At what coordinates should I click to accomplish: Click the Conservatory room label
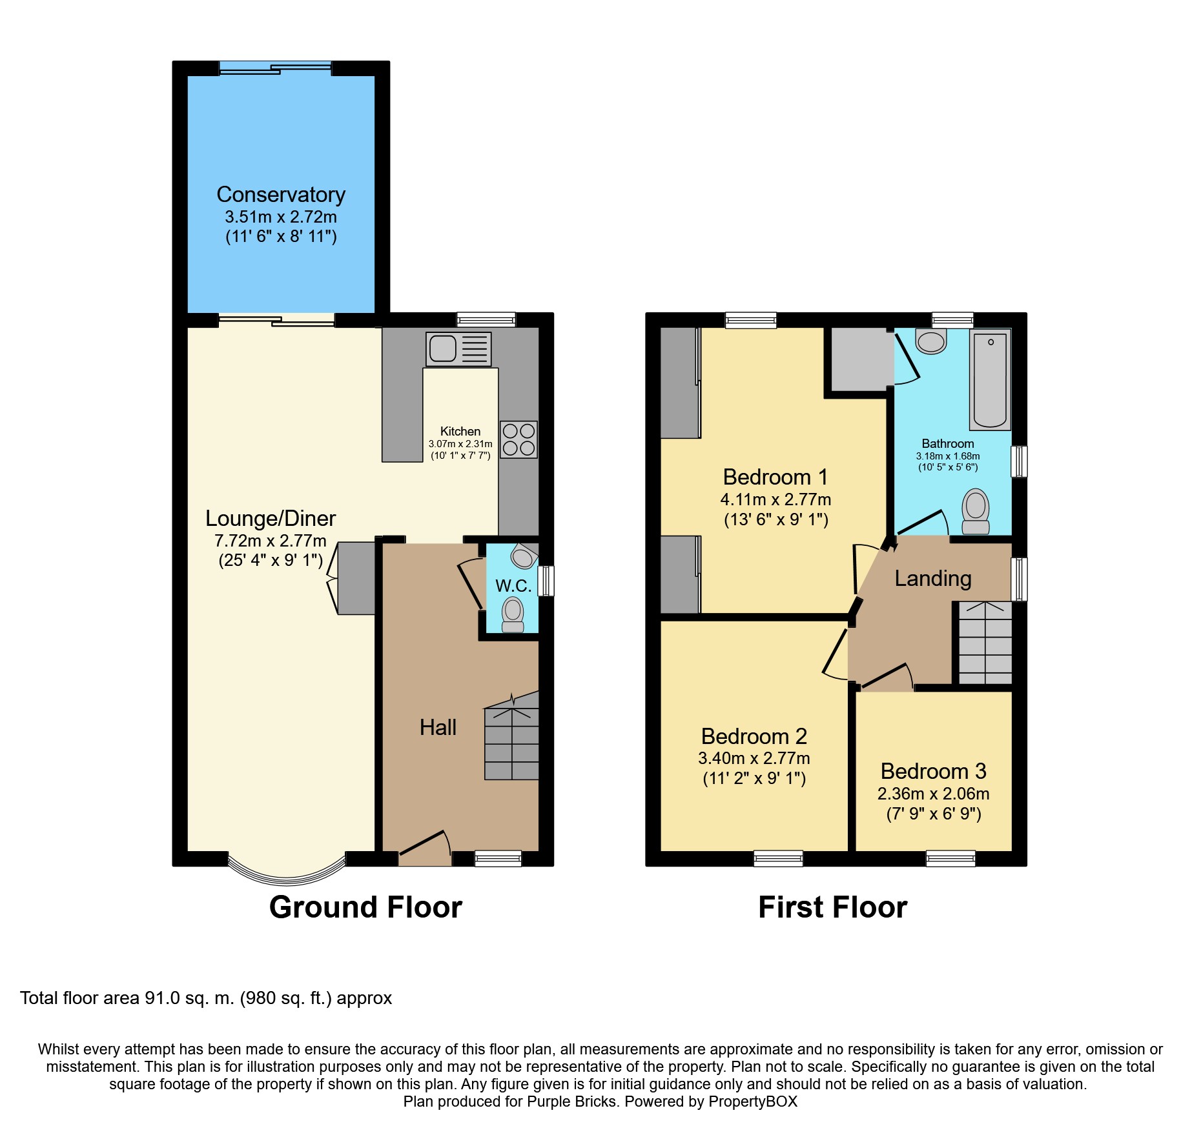click(281, 194)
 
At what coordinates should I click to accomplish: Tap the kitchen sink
click(458, 349)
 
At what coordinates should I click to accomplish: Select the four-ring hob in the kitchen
click(518, 439)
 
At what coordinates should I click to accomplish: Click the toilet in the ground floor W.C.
click(513, 615)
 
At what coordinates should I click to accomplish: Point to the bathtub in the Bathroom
click(990, 380)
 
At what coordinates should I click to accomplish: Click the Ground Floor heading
click(365, 907)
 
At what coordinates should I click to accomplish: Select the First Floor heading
click(832, 907)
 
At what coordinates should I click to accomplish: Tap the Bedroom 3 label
click(934, 771)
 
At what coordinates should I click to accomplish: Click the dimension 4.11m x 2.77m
click(775, 499)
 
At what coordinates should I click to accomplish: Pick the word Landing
click(933, 579)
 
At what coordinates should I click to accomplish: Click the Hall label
click(438, 727)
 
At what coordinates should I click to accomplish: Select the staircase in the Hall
click(511, 736)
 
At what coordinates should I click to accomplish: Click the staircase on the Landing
click(985, 643)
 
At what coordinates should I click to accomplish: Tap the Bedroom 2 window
click(778, 858)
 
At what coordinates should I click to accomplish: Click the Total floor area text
click(206, 998)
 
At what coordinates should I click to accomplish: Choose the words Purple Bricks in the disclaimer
click(571, 1101)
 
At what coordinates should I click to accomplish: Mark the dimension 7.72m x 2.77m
click(271, 541)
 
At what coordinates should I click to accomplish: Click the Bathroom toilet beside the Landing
click(976, 511)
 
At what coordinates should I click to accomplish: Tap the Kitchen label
click(460, 431)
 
